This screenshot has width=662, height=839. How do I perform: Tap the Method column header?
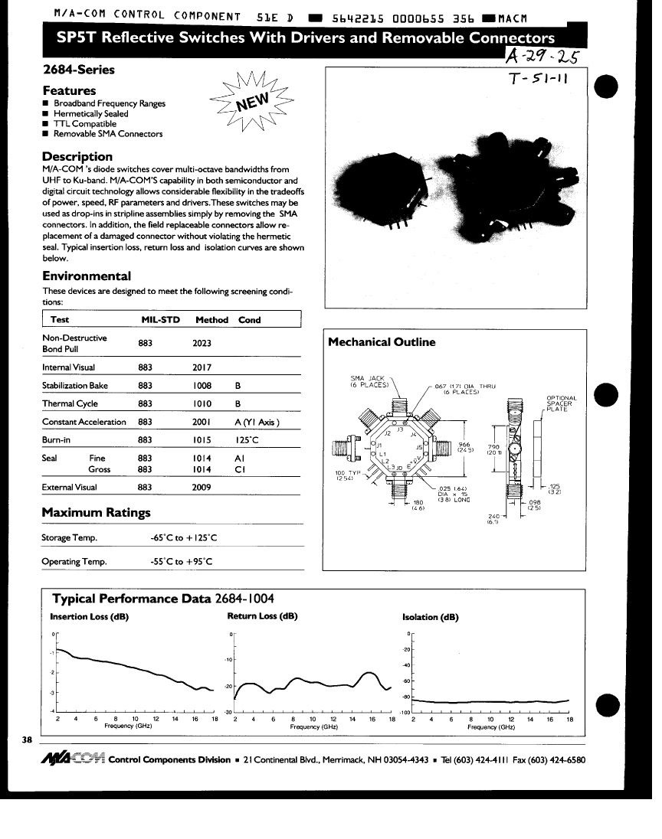tap(211, 320)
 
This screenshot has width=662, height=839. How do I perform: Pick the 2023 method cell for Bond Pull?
tap(202, 344)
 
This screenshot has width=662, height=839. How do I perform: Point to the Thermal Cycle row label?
tap(70, 403)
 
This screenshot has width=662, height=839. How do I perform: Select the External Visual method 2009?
tap(202, 487)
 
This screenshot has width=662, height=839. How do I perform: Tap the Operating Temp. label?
tap(74, 562)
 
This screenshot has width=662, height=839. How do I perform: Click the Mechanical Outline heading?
tap(382, 342)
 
